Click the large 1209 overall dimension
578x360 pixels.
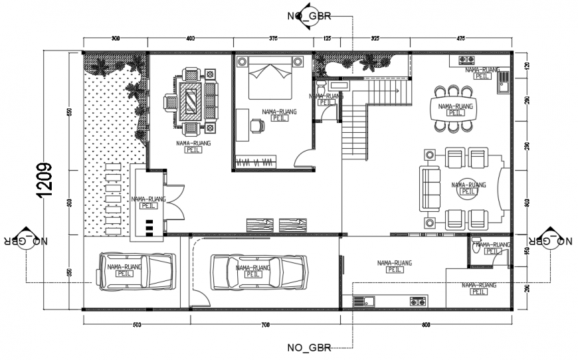click(45, 180)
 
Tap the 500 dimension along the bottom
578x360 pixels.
click(136, 325)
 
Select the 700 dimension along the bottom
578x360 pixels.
click(264, 325)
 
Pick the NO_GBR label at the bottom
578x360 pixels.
click(308, 347)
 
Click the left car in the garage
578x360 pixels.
click(136, 271)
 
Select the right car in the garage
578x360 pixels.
click(258, 271)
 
